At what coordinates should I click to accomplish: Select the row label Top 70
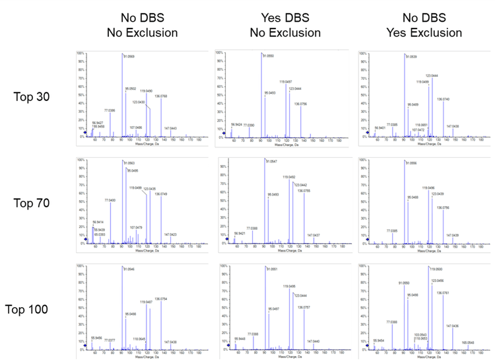32,203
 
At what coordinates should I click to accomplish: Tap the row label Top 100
30,309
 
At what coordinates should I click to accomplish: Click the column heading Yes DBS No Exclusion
284,25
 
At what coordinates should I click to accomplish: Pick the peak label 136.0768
171,96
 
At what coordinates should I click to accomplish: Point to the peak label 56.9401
381,127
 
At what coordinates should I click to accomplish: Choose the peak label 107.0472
417,129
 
